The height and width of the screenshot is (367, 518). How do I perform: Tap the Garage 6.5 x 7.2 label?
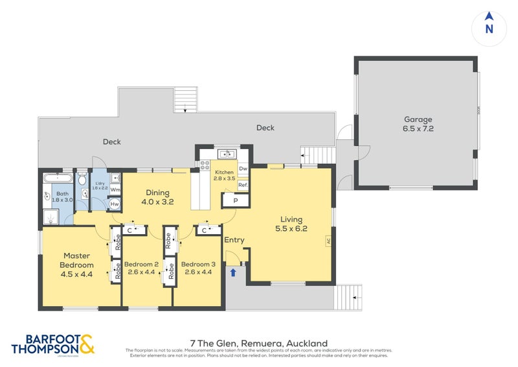(x=418, y=124)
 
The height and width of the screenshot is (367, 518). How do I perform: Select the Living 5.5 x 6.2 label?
(x=291, y=224)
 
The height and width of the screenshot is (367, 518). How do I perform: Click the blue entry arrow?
(x=232, y=272)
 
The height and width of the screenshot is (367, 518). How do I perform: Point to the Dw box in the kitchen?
(x=243, y=169)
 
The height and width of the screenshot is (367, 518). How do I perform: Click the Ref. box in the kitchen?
(x=243, y=185)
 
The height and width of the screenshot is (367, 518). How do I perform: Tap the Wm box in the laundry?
(x=115, y=189)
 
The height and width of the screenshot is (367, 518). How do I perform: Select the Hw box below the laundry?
(x=114, y=204)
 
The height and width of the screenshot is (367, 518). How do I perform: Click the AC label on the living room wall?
(x=328, y=241)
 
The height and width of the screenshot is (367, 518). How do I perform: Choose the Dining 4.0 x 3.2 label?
(x=157, y=196)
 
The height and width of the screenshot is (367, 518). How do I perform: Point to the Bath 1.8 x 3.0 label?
(x=63, y=197)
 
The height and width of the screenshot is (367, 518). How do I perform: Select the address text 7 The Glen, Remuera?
(x=258, y=343)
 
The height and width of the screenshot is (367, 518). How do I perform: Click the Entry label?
(x=234, y=240)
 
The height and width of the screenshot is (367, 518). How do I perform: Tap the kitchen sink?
(x=227, y=154)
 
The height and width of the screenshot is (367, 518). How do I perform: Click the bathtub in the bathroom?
(x=58, y=177)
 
